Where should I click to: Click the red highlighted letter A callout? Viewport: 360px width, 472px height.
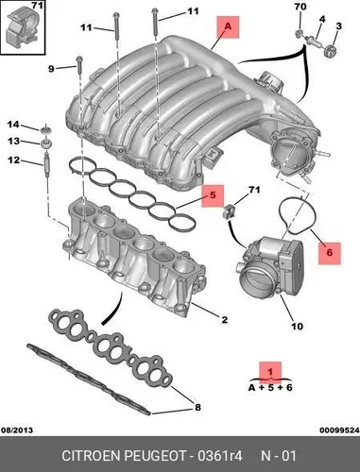click(x=228, y=27)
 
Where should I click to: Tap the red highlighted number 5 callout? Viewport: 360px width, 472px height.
click(x=213, y=195)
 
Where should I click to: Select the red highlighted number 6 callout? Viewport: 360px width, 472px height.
click(x=330, y=253)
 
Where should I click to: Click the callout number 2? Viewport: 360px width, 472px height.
click(x=224, y=320)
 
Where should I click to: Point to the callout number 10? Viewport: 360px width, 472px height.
click(x=297, y=327)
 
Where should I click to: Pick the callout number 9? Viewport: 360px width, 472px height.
click(x=51, y=69)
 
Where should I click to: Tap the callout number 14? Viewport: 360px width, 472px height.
click(x=13, y=125)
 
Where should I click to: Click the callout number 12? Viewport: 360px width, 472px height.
click(x=13, y=160)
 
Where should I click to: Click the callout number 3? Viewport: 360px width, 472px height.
click(x=338, y=25)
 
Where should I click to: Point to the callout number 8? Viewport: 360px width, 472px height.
click(x=197, y=408)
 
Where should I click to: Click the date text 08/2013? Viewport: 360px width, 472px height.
click(x=17, y=430)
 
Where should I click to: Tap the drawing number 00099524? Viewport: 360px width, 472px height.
click(x=339, y=430)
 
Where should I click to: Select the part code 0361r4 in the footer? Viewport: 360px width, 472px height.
click(x=220, y=456)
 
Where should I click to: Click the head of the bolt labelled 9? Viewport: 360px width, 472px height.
click(x=79, y=59)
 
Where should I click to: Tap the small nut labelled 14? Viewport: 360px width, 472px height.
click(x=46, y=129)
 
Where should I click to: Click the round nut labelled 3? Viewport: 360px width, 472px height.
click(x=330, y=50)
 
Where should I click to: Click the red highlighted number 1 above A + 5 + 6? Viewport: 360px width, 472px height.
click(x=270, y=372)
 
